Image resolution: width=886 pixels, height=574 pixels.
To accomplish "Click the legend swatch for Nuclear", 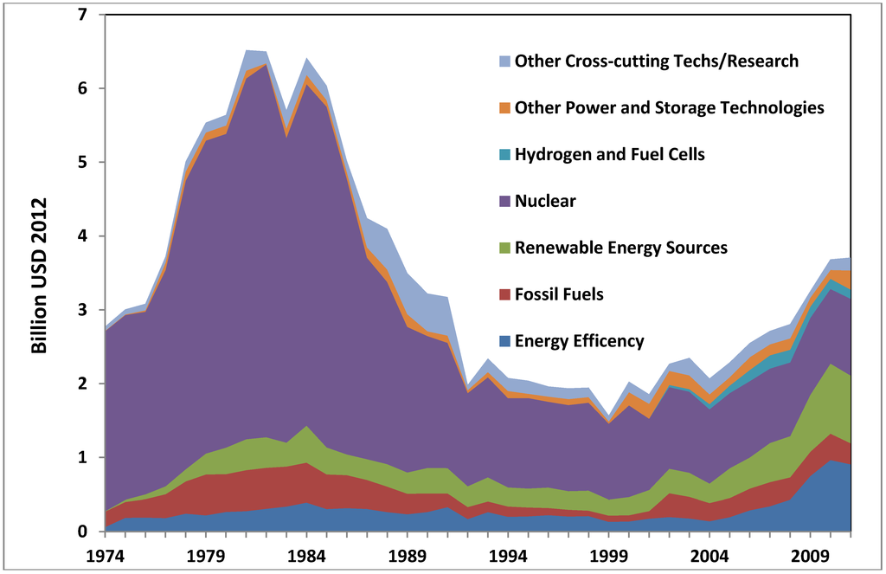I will click(x=505, y=202).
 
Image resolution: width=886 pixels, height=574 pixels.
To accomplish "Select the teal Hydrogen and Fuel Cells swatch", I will click(x=505, y=155).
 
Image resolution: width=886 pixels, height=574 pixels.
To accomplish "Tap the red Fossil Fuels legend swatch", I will click(x=505, y=295).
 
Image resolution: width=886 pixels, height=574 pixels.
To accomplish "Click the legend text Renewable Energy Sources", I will click(x=620, y=248).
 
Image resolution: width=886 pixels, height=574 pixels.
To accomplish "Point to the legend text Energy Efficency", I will click(x=579, y=341).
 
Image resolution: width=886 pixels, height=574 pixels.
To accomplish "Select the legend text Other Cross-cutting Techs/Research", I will click(x=656, y=61).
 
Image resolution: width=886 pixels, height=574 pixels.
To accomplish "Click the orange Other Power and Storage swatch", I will click(x=505, y=108).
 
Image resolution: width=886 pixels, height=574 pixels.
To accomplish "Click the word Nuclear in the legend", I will click(x=545, y=202).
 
